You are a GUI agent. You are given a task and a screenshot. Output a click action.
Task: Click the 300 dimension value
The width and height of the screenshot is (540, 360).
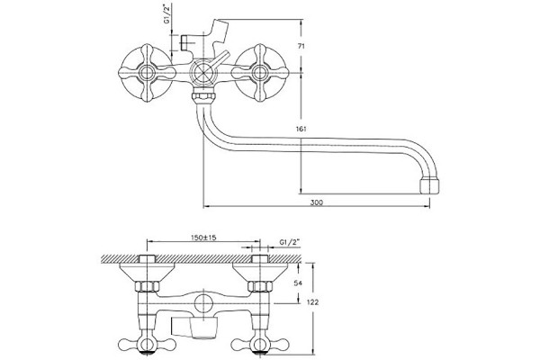click(x=317, y=202)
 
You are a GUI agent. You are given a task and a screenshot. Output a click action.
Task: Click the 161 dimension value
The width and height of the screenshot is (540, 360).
click(x=301, y=130)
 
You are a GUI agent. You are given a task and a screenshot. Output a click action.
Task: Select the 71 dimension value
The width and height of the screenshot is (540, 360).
click(x=301, y=47)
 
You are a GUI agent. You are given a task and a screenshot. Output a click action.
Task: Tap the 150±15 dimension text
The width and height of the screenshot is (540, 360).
click(x=203, y=238)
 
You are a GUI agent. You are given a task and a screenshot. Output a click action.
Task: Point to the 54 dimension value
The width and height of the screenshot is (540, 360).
click(x=298, y=283)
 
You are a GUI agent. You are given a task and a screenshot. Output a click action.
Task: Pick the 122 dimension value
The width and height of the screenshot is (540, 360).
click(x=312, y=302)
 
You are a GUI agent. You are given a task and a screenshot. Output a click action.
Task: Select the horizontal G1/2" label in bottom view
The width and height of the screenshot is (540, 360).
click(x=290, y=242)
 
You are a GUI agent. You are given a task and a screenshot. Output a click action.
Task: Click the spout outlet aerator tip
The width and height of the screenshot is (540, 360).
click(x=430, y=185)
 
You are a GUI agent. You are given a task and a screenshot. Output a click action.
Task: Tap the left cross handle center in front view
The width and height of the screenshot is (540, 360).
click(x=147, y=73)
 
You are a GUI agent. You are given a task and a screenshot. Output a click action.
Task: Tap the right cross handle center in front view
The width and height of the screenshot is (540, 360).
click(x=260, y=73)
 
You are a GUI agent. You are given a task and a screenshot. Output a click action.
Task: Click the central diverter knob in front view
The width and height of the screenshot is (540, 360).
click(x=203, y=73)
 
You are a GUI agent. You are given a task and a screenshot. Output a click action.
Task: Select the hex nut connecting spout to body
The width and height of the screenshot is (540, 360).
click(x=204, y=95)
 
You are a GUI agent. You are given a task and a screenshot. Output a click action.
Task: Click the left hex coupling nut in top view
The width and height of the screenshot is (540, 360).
click(x=147, y=286)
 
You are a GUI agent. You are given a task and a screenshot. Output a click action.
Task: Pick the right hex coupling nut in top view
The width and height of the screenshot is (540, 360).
click(x=260, y=286)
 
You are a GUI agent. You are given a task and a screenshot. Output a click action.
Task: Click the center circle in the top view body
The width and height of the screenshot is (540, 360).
click(x=204, y=303)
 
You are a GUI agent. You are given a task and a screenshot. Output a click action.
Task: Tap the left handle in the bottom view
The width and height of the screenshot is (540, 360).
click(x=147, y=344)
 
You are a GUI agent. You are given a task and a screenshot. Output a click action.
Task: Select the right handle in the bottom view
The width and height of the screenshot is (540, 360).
click(x=260, y=344)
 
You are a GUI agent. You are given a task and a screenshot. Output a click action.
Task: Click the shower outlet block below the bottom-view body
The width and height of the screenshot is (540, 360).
click(x=195, y=328)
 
